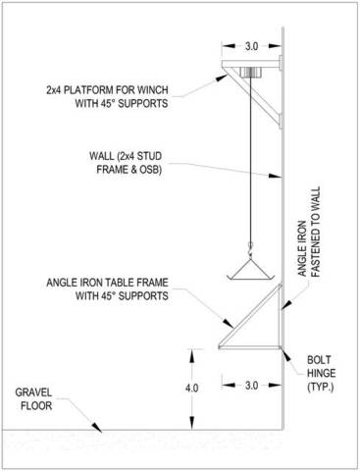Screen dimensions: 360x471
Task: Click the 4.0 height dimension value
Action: coord(191,388)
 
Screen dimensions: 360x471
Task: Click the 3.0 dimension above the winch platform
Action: coord(251,46)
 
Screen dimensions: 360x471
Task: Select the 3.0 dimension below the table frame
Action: coord(251,386)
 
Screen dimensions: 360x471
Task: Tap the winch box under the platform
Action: coord(250,73)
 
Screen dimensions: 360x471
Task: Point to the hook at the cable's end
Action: coord(250,246)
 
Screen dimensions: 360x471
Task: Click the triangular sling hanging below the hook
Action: coord(250,270)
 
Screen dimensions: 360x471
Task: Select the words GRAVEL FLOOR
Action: coord(33,399)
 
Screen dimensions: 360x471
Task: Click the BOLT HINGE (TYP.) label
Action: coord(321,374)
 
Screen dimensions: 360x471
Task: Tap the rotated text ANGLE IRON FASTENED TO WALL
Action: coord(309,232)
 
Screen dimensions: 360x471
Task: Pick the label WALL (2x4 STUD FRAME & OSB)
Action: coord(126,163)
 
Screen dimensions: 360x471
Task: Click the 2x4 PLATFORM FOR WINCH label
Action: coord(107,89)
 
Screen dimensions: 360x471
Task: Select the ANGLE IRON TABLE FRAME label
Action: coord(107,282)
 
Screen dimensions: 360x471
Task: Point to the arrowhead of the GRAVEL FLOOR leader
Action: coord(97,427)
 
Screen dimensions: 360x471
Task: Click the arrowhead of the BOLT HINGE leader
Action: coord(286,355)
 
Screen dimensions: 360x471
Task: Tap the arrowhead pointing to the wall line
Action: coord(276,176)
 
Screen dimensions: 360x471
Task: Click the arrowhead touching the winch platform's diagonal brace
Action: coord(222,78)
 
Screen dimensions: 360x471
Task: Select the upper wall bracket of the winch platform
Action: coord(281,63)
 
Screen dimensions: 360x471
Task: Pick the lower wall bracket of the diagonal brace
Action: coord(281,121)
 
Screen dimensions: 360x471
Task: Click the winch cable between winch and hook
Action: coord(250,160)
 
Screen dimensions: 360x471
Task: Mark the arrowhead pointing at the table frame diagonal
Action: coord(229,323)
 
